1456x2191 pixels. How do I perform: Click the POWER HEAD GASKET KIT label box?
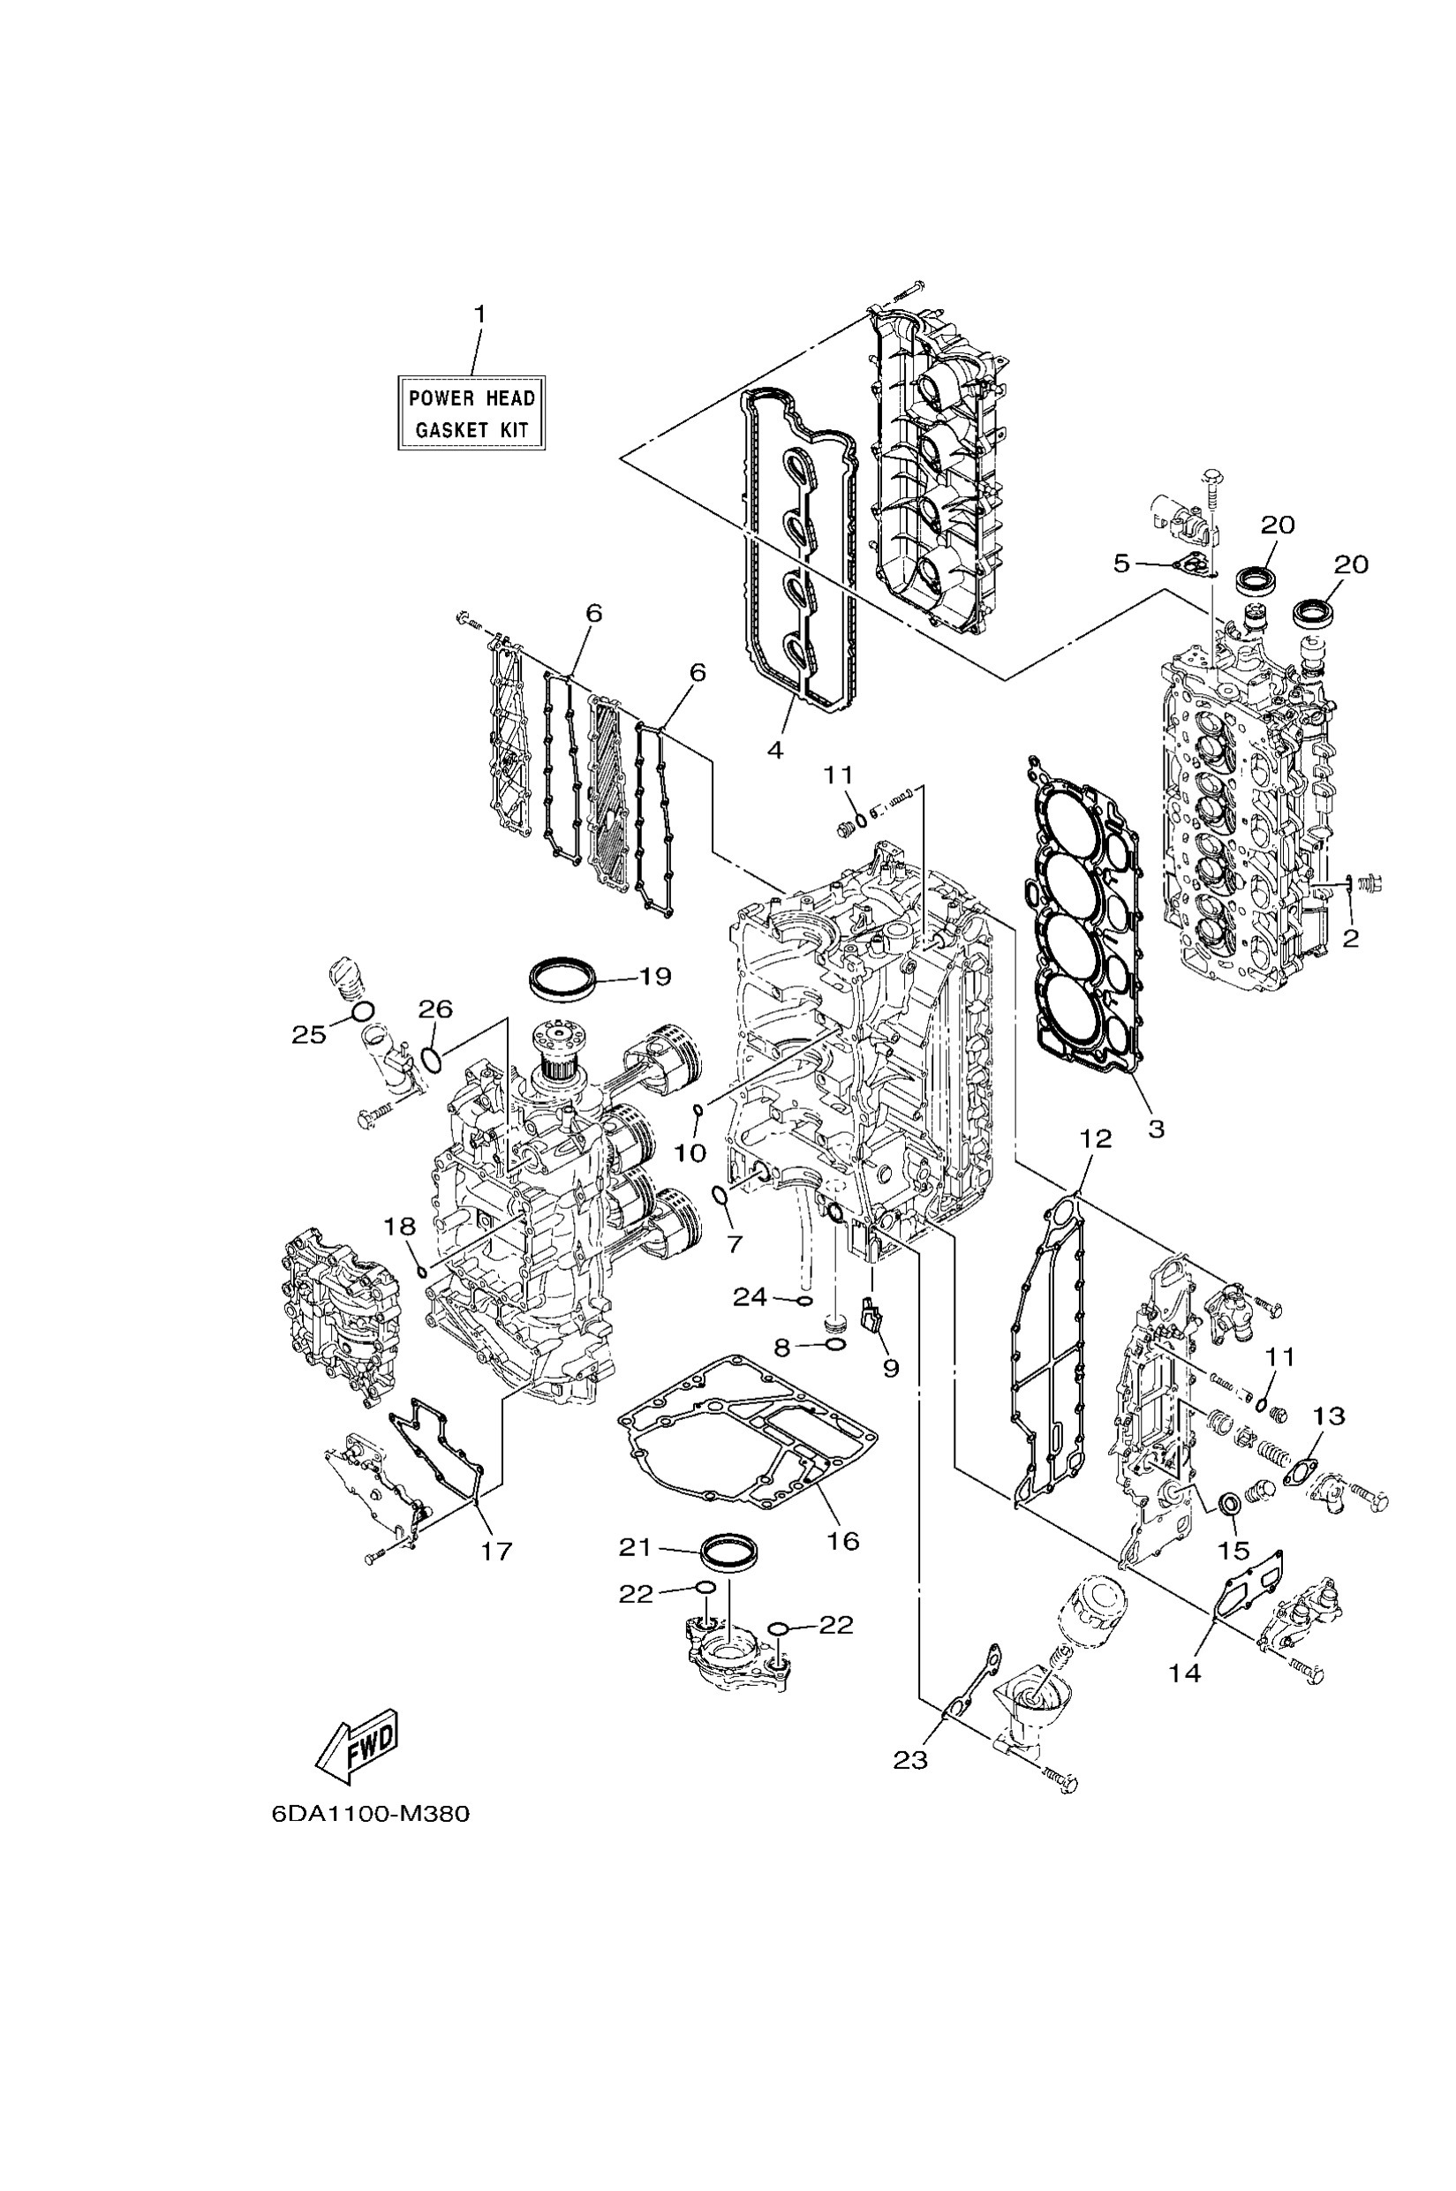click(x=471, y=413)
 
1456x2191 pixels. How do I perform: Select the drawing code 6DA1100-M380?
click(x=371, y=1813)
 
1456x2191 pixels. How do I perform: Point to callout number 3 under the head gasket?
click(x=1155, y=1129)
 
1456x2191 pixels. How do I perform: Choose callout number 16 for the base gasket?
click(x=842, y=1541)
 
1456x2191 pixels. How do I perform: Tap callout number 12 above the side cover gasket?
click(x=1096, y=1138)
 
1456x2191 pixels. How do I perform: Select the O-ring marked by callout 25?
click(x=362, y=1010)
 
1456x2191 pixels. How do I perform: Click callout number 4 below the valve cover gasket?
click(x=774, y=749)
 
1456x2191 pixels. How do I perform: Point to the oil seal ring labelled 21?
click(x=729, y=1550)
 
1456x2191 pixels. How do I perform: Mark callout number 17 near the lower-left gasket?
click(x=496, y=1550)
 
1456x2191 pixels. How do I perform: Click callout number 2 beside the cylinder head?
click(x=1350, y=938)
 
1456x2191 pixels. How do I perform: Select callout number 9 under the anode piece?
click(x=891, y=1368)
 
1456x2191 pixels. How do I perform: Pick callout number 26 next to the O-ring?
click(x=434, y=1009)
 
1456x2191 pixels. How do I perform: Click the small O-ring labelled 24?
click(x=805, y=1300)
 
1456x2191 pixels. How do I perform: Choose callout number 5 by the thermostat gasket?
click(x=1121, y=563)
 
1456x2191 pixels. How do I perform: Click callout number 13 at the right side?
click(x=1329, y=1417)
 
